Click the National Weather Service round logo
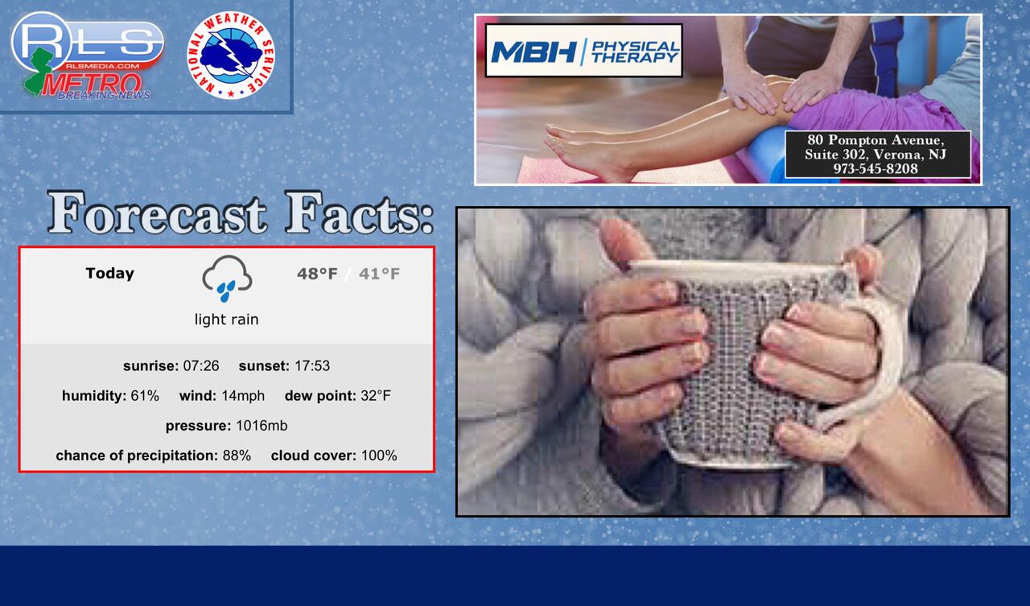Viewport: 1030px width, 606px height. [x=230, y=56]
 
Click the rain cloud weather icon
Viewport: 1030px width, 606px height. [x=227, y=278]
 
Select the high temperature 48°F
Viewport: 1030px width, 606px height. [x=317, y=274]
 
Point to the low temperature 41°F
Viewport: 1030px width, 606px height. [x=379, y=274]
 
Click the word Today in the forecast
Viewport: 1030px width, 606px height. [x=110, y=273]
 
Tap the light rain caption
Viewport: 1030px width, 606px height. [x=226, y=319]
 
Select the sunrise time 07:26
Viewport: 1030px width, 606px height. [x=201, y=365]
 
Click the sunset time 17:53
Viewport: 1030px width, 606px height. [x=312, y=365]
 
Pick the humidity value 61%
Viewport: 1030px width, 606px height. [x=145, y=395]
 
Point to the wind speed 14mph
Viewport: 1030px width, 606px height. [x=243, y=395]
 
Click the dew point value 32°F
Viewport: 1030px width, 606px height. [x=376, y=395]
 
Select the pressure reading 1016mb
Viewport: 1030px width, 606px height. [x=262, y=426]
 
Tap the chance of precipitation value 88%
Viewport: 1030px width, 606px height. [x=237, y=456]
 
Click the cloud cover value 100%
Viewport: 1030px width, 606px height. [x=379, y=456]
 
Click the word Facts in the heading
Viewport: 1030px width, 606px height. [x=359, y=214]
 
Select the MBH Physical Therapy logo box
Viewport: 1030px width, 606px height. [x=583, y=51]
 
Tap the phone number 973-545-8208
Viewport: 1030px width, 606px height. [x=876, y=169]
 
